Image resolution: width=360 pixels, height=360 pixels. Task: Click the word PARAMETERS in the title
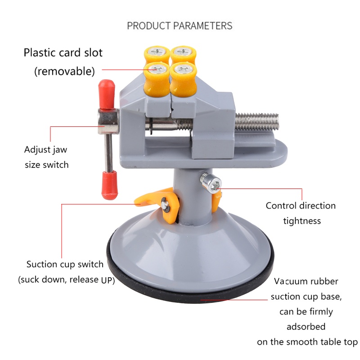point(202,26)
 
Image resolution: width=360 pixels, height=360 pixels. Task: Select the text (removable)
point(64,71)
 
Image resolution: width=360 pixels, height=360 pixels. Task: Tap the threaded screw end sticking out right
point(257,121)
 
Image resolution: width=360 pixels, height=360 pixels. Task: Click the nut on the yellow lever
point(166,205)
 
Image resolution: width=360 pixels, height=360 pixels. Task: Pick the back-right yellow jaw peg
point(183,54)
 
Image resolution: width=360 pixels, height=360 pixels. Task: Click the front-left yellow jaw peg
point(157,79)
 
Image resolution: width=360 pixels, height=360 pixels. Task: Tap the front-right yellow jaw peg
point(183,80)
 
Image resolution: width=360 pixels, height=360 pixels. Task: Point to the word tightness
point(302,221)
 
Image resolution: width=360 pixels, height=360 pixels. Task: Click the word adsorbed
point(306,327)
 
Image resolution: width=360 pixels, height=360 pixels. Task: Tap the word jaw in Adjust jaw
point(60,150)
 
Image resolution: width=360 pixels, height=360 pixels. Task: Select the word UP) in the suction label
point(108,280)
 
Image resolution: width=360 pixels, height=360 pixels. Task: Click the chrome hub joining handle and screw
point(108,121)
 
